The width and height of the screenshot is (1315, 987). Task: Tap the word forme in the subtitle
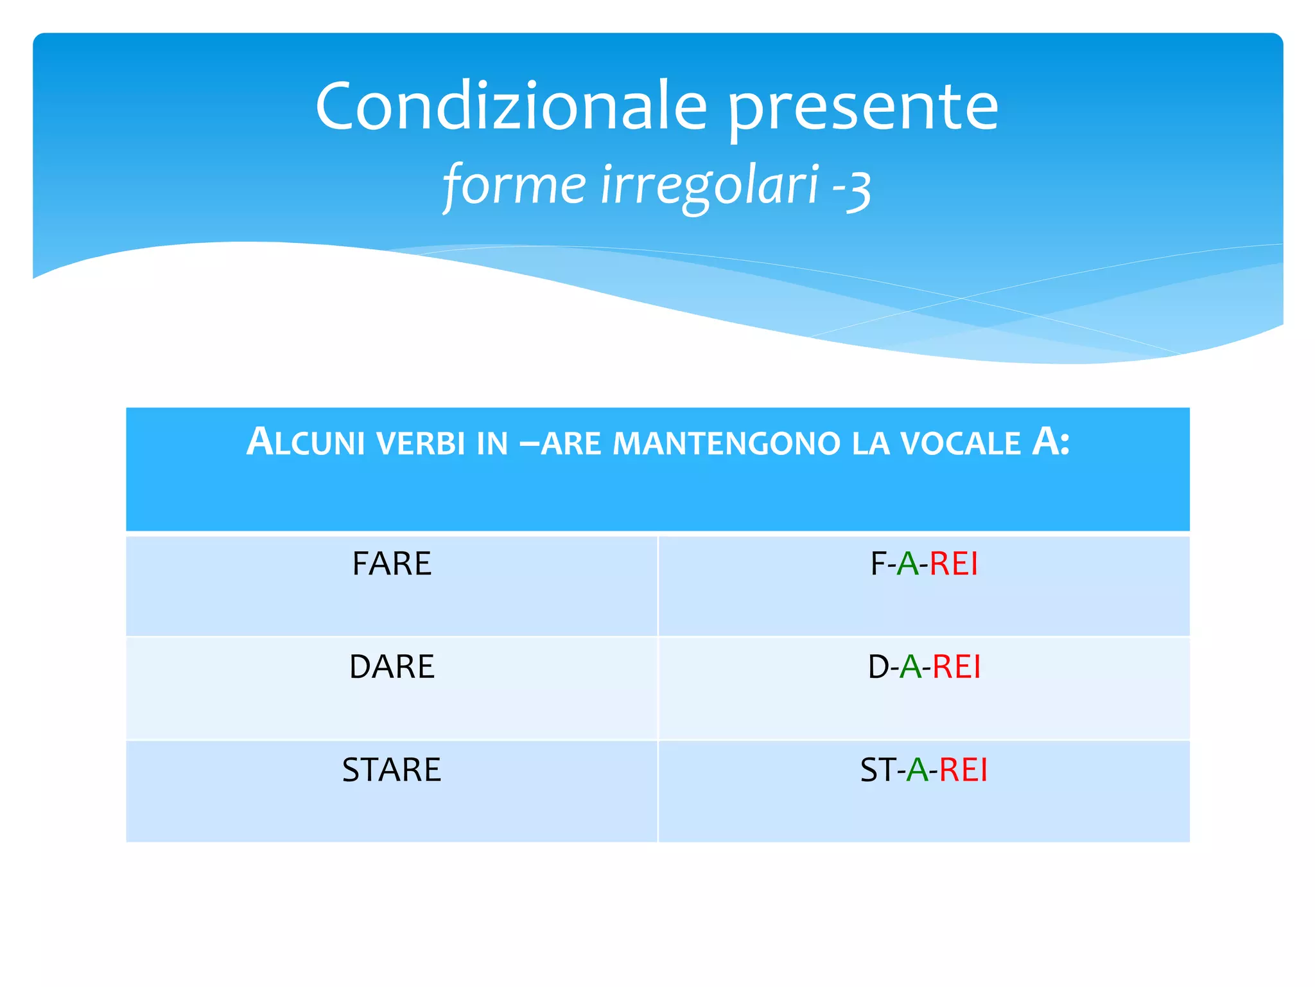514,185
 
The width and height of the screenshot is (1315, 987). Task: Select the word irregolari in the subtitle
710,185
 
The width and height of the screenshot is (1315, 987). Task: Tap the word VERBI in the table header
421,444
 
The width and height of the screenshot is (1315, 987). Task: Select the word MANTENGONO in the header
726,444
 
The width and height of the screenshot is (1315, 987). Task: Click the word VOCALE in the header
960,444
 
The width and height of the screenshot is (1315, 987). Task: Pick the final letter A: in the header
1050,442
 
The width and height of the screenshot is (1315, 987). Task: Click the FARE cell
392,564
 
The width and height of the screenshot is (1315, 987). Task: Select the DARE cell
392,667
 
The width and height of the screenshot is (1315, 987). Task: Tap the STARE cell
392,770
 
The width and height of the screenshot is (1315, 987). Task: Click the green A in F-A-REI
907,564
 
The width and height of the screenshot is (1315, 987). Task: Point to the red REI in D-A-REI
956,667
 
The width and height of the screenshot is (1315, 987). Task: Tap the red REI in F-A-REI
954,564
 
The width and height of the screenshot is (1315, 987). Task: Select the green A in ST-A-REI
917,770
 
